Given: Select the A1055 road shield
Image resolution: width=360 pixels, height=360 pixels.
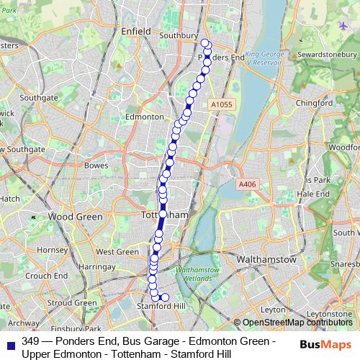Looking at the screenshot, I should click(x=222, y=104).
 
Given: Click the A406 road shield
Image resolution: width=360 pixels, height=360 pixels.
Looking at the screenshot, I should click(x=247, y=184).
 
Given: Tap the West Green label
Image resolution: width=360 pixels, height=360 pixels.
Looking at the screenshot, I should click(x=117, y=252).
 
